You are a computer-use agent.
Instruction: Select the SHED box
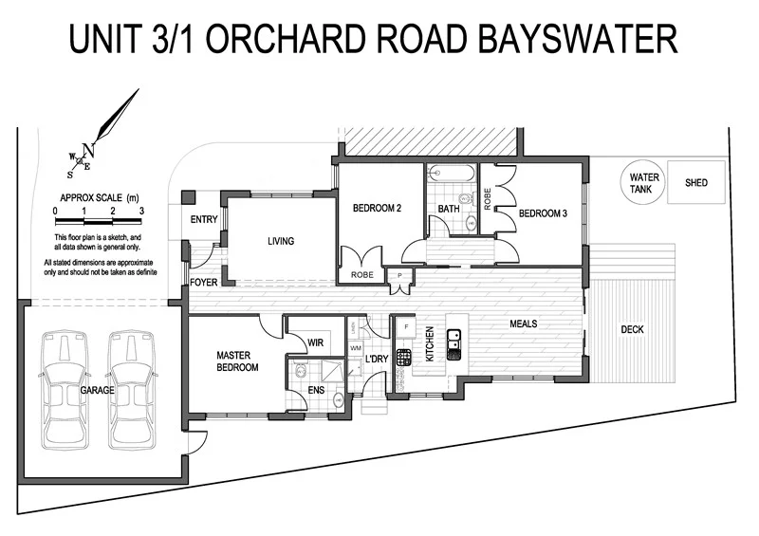(696, 182)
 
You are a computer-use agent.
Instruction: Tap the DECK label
(632, 330)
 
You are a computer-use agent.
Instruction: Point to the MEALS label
(524, 323)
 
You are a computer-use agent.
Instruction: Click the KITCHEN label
(430, 344)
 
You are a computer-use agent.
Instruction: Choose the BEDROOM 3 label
(543, 214)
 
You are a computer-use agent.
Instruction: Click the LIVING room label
(281, 241)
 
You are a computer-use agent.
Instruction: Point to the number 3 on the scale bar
(141, 210)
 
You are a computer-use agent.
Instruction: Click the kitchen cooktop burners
(403, 358)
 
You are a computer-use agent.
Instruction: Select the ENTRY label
(204, 220)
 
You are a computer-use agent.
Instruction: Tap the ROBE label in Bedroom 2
(361, 275)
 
